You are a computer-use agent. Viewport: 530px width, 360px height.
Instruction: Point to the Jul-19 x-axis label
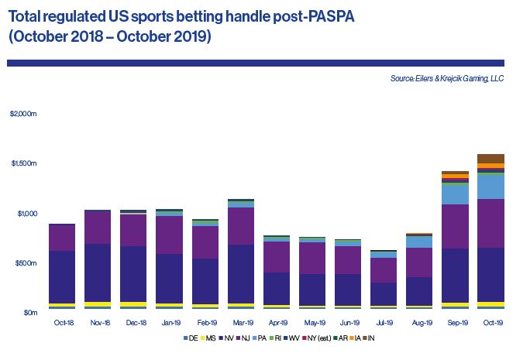tap(382, 323)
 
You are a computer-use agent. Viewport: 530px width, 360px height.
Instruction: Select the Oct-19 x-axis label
tap(490, 323)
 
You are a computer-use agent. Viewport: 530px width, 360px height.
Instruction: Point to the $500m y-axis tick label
tap(26, 263)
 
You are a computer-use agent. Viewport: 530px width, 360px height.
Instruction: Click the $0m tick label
tap(29, 313)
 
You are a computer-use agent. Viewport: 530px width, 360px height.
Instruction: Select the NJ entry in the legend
tap(245, 338)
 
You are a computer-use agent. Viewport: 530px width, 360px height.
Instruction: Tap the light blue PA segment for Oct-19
tap(490, 187)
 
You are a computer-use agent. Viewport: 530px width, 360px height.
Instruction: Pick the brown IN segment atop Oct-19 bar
tap(490, 158)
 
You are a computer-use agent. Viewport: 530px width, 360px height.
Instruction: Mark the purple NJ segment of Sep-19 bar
tap(454, 227)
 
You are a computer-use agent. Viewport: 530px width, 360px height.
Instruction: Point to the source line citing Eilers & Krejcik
tap(446, 78)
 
